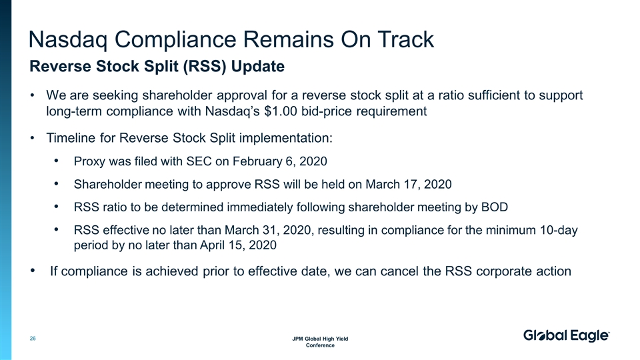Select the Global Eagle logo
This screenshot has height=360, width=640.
(x=566, y=337)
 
